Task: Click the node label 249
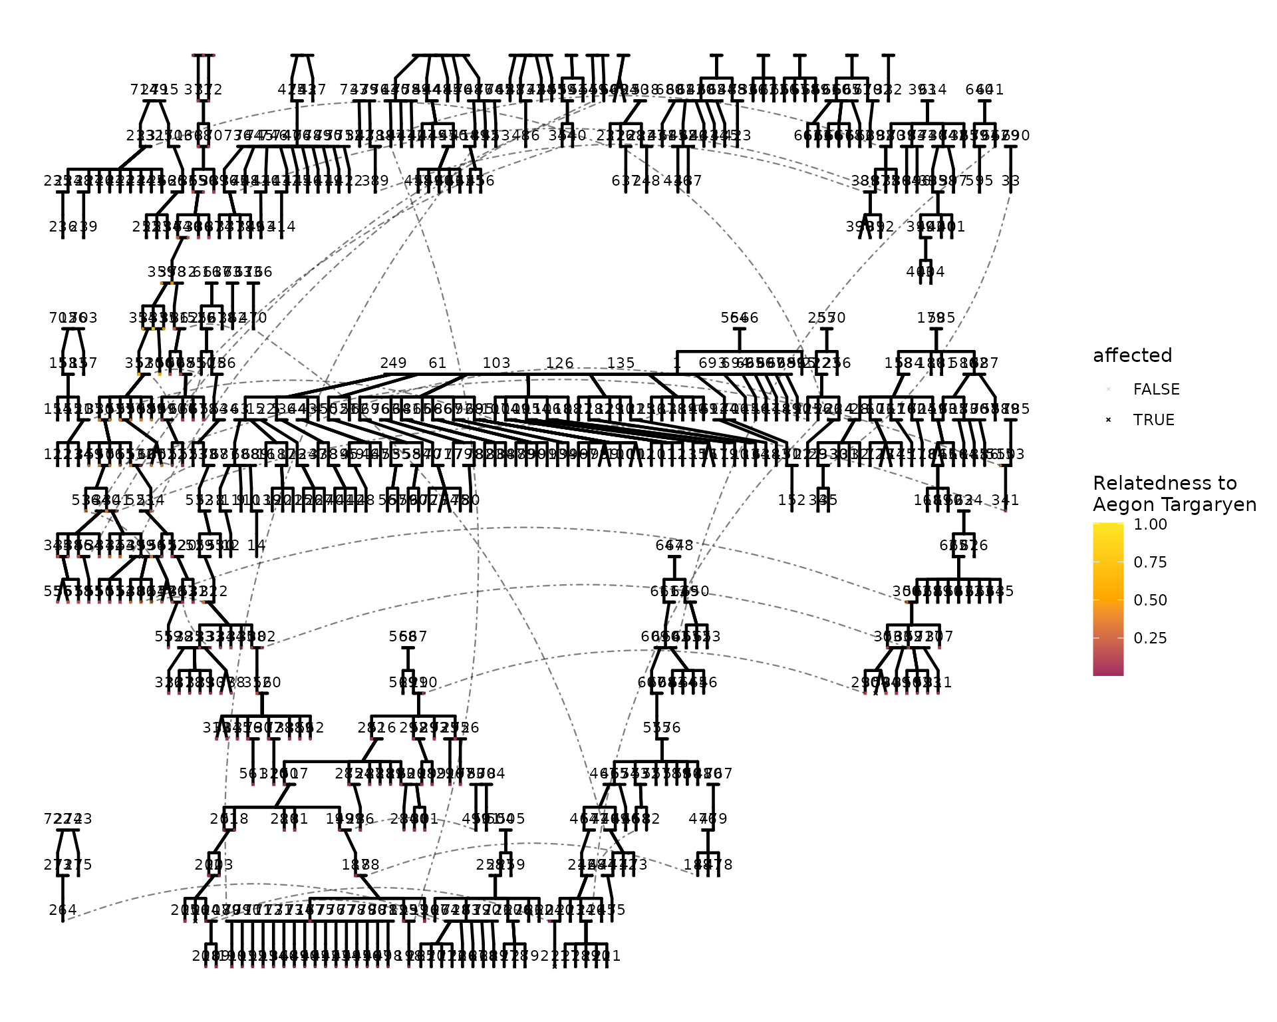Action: click(x=393, y=363)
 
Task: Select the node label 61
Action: click(x=438, y=363)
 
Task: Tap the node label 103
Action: click(x=496, y=363)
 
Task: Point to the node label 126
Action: click(x=559, y=363)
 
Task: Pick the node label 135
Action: click(x=621, y=363)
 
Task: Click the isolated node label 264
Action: click(x=63, y=910)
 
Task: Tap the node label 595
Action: click(x=979, y=181)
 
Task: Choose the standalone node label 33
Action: click(x=1010, y=181)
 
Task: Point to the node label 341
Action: click(x=1005, y=500)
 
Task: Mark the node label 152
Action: click(x=791, y=500)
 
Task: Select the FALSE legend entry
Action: click(x=1156, y=390)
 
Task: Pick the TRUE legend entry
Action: click(x=1153, y=421)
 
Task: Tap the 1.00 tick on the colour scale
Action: click(x=1150, y=524)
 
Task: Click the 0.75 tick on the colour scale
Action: click(x=1150, y=562)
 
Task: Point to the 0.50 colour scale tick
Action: click(x=1150, y=600)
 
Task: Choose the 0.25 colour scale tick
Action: click(x=1150, y=638)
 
